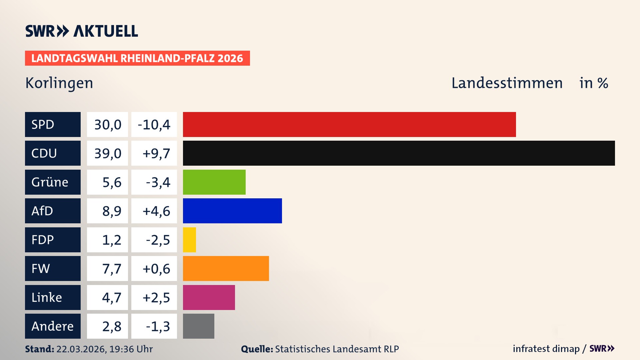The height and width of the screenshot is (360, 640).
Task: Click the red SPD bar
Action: pos(349,124)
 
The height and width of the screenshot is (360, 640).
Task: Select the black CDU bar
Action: pos(399,153)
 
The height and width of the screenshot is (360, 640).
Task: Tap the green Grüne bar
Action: pos(214,182)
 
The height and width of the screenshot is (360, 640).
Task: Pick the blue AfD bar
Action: pos(232,211)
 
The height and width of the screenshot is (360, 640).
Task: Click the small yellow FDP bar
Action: pos(189,240)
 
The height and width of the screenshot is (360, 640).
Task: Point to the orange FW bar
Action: pos(226,268)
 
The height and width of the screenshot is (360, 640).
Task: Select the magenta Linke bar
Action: pos(209,297)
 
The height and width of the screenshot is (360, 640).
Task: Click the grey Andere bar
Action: pos(198,326)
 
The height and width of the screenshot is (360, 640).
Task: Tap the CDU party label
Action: pos(53,153)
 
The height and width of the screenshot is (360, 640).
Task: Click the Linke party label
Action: pos(53,297)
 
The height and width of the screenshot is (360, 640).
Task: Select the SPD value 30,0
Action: pos(107,125)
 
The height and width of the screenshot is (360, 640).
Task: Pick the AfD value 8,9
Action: pos(111,211)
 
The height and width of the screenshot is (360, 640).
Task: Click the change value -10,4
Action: pos(154,125)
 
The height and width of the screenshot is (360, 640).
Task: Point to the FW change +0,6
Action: pos(156,269)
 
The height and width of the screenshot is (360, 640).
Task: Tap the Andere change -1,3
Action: pos(158,326)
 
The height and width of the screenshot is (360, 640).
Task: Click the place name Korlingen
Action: pos(59,83)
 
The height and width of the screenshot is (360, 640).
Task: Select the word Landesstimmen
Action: pos(507,83)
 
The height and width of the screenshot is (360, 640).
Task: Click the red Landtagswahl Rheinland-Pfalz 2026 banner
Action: pos(137,58)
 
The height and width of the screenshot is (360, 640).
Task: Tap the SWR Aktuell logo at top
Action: pos(82,31)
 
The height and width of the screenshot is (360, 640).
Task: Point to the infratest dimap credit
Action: pos(546,349)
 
